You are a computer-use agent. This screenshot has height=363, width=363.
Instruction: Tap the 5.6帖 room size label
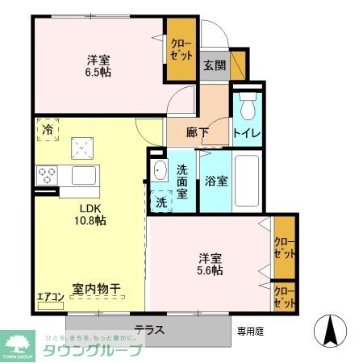[211, 270]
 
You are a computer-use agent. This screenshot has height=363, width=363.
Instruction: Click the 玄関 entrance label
[213, 65]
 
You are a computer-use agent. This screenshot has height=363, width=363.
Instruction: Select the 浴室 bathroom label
[215, 181]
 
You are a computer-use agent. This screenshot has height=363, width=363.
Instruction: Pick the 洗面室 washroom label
[183, 182]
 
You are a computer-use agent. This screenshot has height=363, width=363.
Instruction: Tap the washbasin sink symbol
[158, 171]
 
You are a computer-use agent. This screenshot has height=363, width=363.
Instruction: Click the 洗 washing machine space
[161, 201]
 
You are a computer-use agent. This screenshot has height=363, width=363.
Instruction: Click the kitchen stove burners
[46, 174]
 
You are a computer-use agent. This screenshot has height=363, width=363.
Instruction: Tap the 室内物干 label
[95, 287]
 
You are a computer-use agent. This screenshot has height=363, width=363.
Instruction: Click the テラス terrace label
[149, 329]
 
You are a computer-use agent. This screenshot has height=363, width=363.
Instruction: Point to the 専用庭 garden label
[251, 331]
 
